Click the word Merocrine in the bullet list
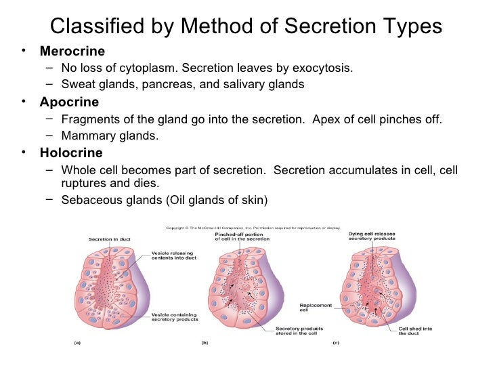[72, 52]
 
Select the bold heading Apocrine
[69, 102]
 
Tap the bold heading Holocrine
[71, 152]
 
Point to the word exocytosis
[322, 68]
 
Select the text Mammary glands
[110, 136]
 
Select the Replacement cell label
[316, 308]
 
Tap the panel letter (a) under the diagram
[77, 343]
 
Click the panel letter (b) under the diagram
[204, 343]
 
